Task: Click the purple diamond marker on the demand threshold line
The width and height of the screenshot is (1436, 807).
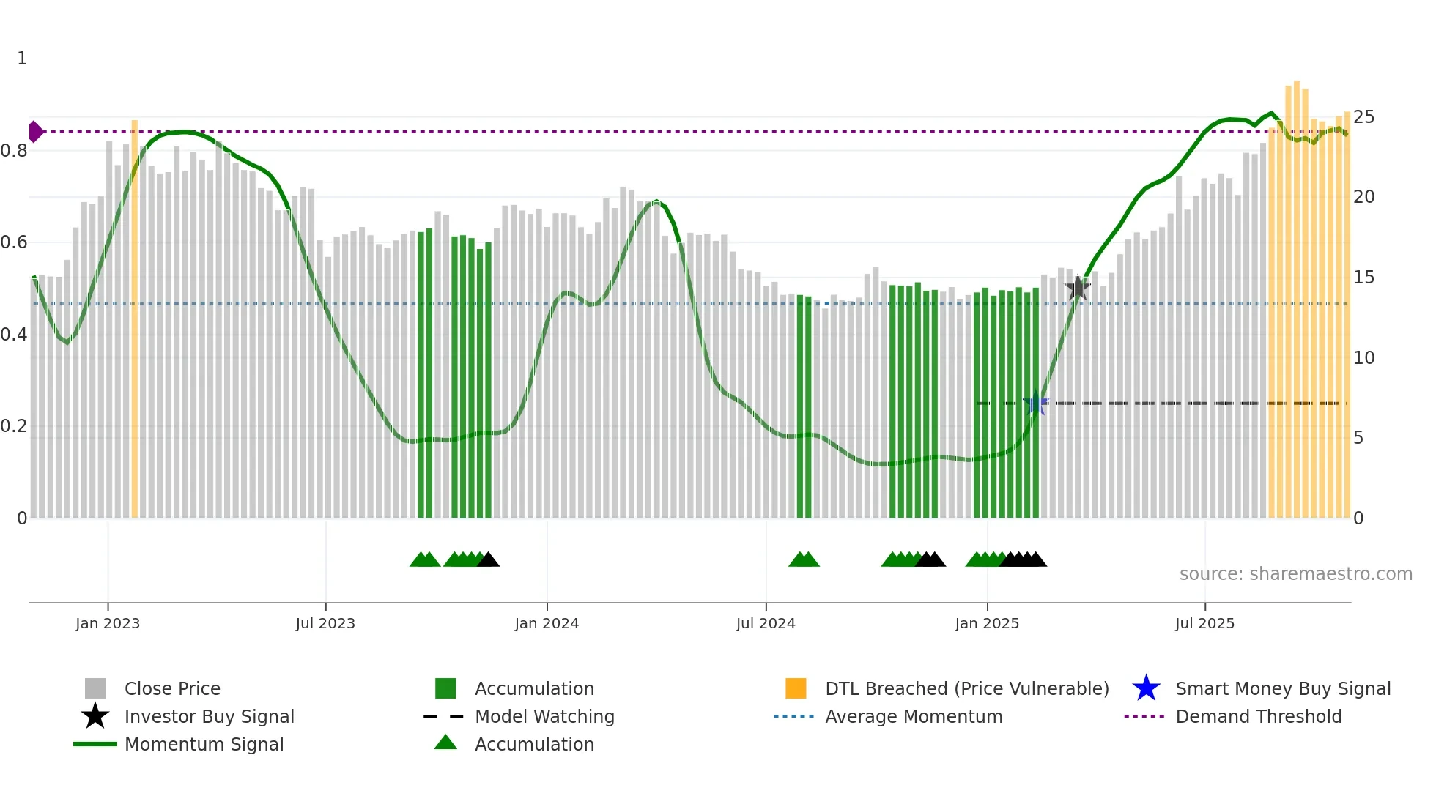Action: click(35, 132)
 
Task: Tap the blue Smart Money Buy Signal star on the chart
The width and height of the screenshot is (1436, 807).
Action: click(1036, 403)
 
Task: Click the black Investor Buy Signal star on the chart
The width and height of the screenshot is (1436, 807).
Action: click(1077, 288)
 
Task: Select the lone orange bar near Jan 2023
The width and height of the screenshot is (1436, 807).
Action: click(134, 319)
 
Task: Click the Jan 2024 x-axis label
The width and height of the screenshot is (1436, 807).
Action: click(547, 623)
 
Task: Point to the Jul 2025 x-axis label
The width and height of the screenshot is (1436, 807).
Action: click(1204, 623)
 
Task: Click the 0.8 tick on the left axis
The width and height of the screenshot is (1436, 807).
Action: click(14, 151)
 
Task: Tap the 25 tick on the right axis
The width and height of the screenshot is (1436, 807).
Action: click(1363, 117)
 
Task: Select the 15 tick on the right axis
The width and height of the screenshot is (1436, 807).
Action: click(1363, 278)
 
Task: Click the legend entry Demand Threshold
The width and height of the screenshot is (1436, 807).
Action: click(1258, 716)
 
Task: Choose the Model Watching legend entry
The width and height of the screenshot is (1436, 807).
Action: click(544, 716)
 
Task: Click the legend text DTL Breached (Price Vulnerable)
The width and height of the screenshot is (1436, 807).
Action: click(966, 688)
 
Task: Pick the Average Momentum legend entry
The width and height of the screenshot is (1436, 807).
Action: click(914, 716)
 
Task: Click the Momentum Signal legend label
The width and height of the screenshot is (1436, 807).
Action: click(204, 744)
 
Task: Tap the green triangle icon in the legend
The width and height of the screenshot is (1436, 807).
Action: click(445, 743)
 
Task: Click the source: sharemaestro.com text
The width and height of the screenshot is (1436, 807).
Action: click(1295, 574)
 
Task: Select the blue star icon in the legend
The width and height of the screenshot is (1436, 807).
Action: click(1146, 688)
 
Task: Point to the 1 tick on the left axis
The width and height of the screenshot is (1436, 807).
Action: click(22, 59)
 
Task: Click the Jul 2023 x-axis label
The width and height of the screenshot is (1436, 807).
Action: click(325, 623)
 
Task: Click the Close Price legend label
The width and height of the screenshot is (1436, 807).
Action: click(172, 688)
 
